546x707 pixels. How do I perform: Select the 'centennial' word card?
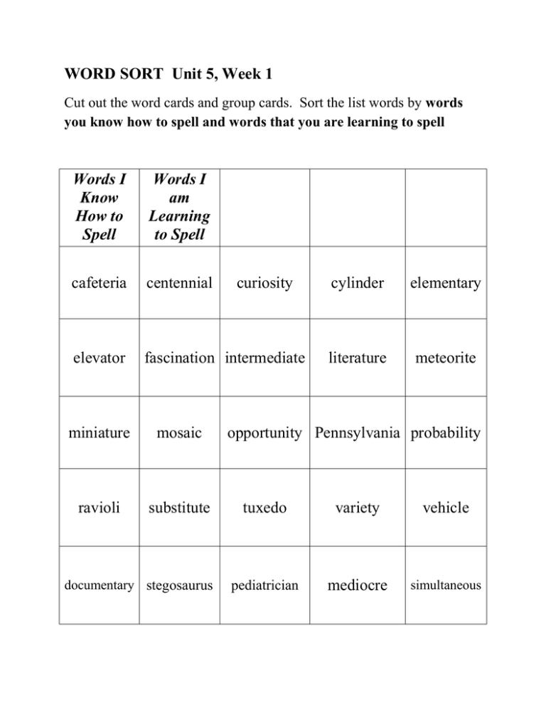[181, 284]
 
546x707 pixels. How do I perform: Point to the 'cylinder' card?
[356, 284]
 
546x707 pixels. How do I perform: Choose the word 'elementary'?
[446, 284]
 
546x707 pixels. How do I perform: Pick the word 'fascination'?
[181, 358]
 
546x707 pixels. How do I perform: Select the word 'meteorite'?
[446, 358]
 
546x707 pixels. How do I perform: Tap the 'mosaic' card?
[181, 433]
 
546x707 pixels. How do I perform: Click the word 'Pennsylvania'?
[356, 433]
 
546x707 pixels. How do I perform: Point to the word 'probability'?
[446, 433]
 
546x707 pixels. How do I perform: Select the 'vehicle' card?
[446, 509]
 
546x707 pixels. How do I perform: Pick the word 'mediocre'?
[356, 586]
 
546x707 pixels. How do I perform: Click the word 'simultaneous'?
[446, 586]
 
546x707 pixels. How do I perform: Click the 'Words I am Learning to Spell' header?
[181, 207]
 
